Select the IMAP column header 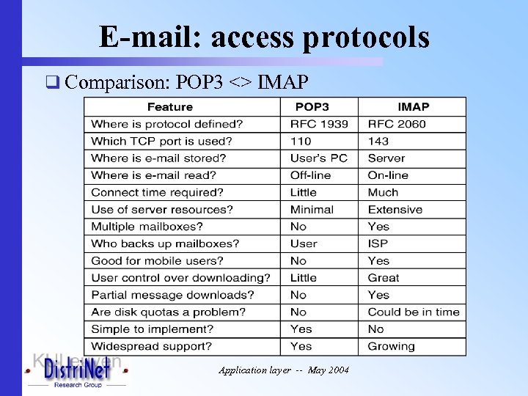tap(414, 107)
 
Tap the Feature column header tap(170, 107)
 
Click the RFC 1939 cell tap(319, 124)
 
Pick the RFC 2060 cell tap(397, 124)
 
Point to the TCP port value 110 tap(301, 141)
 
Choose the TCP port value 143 tap(378, 141)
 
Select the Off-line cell tap(311, 175)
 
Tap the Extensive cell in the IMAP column tap(395, 209)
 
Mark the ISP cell tap(378, 243)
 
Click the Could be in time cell tap(414, 312)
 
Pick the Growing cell tap(391, 346)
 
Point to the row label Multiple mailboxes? tap(147, 227)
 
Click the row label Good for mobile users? tap(158, 260)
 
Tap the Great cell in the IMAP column tap(384, 278)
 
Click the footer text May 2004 tap(329, 370)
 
